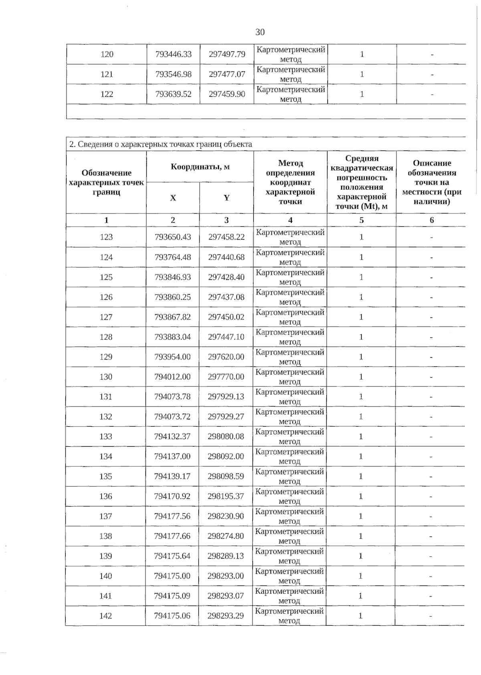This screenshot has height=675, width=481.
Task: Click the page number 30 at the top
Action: pyautogui.click(x=260, y=32)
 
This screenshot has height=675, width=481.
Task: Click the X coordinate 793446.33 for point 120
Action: pyautogui.click(x=173, y=54)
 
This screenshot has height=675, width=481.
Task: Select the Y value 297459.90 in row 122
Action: pyautogui.click(x=227, y=94)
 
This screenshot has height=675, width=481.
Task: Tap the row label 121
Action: pyautogui.click(x=107, y=74)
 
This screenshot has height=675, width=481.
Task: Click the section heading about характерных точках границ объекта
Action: pyautogui.click(x=161, y=144)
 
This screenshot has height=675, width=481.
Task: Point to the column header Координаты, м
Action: pyautogui.click(x=200, y=167)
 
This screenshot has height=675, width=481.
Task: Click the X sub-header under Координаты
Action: pyautogui.click(x=173, y=198)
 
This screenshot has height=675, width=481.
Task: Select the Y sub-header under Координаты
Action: pyautogui.click(x=226, y=198)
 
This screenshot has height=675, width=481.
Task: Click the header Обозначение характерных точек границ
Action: pyautogui.click(x=106, y=182)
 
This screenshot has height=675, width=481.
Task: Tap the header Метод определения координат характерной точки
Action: pyautogui.click(x=290, y=182)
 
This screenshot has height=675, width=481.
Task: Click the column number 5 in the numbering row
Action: pyautogui.click(x=362, y=220)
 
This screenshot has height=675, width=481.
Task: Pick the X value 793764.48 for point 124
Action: pyautogui.click(x=173, y=257)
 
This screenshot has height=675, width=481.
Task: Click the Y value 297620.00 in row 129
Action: pyautogui.click(x=226, y=357)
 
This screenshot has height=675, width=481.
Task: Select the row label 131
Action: pyautogui.click(x=106, y=396)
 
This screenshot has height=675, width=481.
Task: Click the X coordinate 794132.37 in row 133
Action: pyautogui.click(x=172, y=436)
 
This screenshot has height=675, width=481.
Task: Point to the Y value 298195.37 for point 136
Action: pyautogui.click(x=226, y=496)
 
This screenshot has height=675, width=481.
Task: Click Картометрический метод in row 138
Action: pyautogui.click(x=289, y=536)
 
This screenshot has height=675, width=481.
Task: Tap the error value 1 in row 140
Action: pyautogui.click(x=360, y=576)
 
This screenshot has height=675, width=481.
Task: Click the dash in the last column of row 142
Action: pyautogui.click(x=430, y=616)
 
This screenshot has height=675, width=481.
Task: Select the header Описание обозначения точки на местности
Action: pyautogui.click(x=432, y=182)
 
